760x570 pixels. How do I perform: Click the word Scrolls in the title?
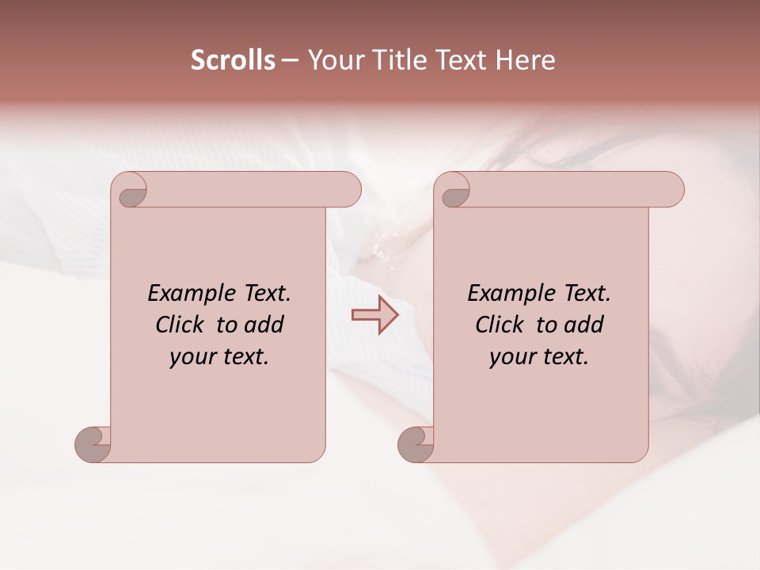coord(233,60)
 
